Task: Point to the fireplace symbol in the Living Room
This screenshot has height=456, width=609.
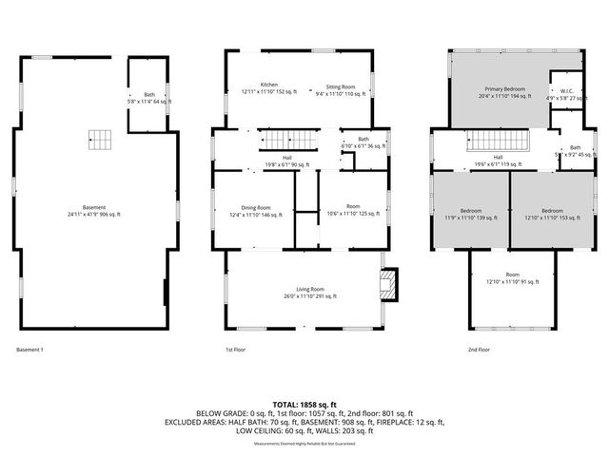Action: coord(388,284)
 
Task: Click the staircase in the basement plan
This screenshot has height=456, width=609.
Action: coord(100,140)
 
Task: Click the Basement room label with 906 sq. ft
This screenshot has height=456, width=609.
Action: coord(93,211)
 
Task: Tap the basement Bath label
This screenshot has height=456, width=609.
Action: coord(148,94)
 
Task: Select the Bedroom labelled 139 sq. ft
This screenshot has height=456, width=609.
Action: coord(470,214)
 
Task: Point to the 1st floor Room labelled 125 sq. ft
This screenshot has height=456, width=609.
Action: coord(352,211)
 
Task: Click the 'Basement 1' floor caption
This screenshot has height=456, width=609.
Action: coord(29,351)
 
